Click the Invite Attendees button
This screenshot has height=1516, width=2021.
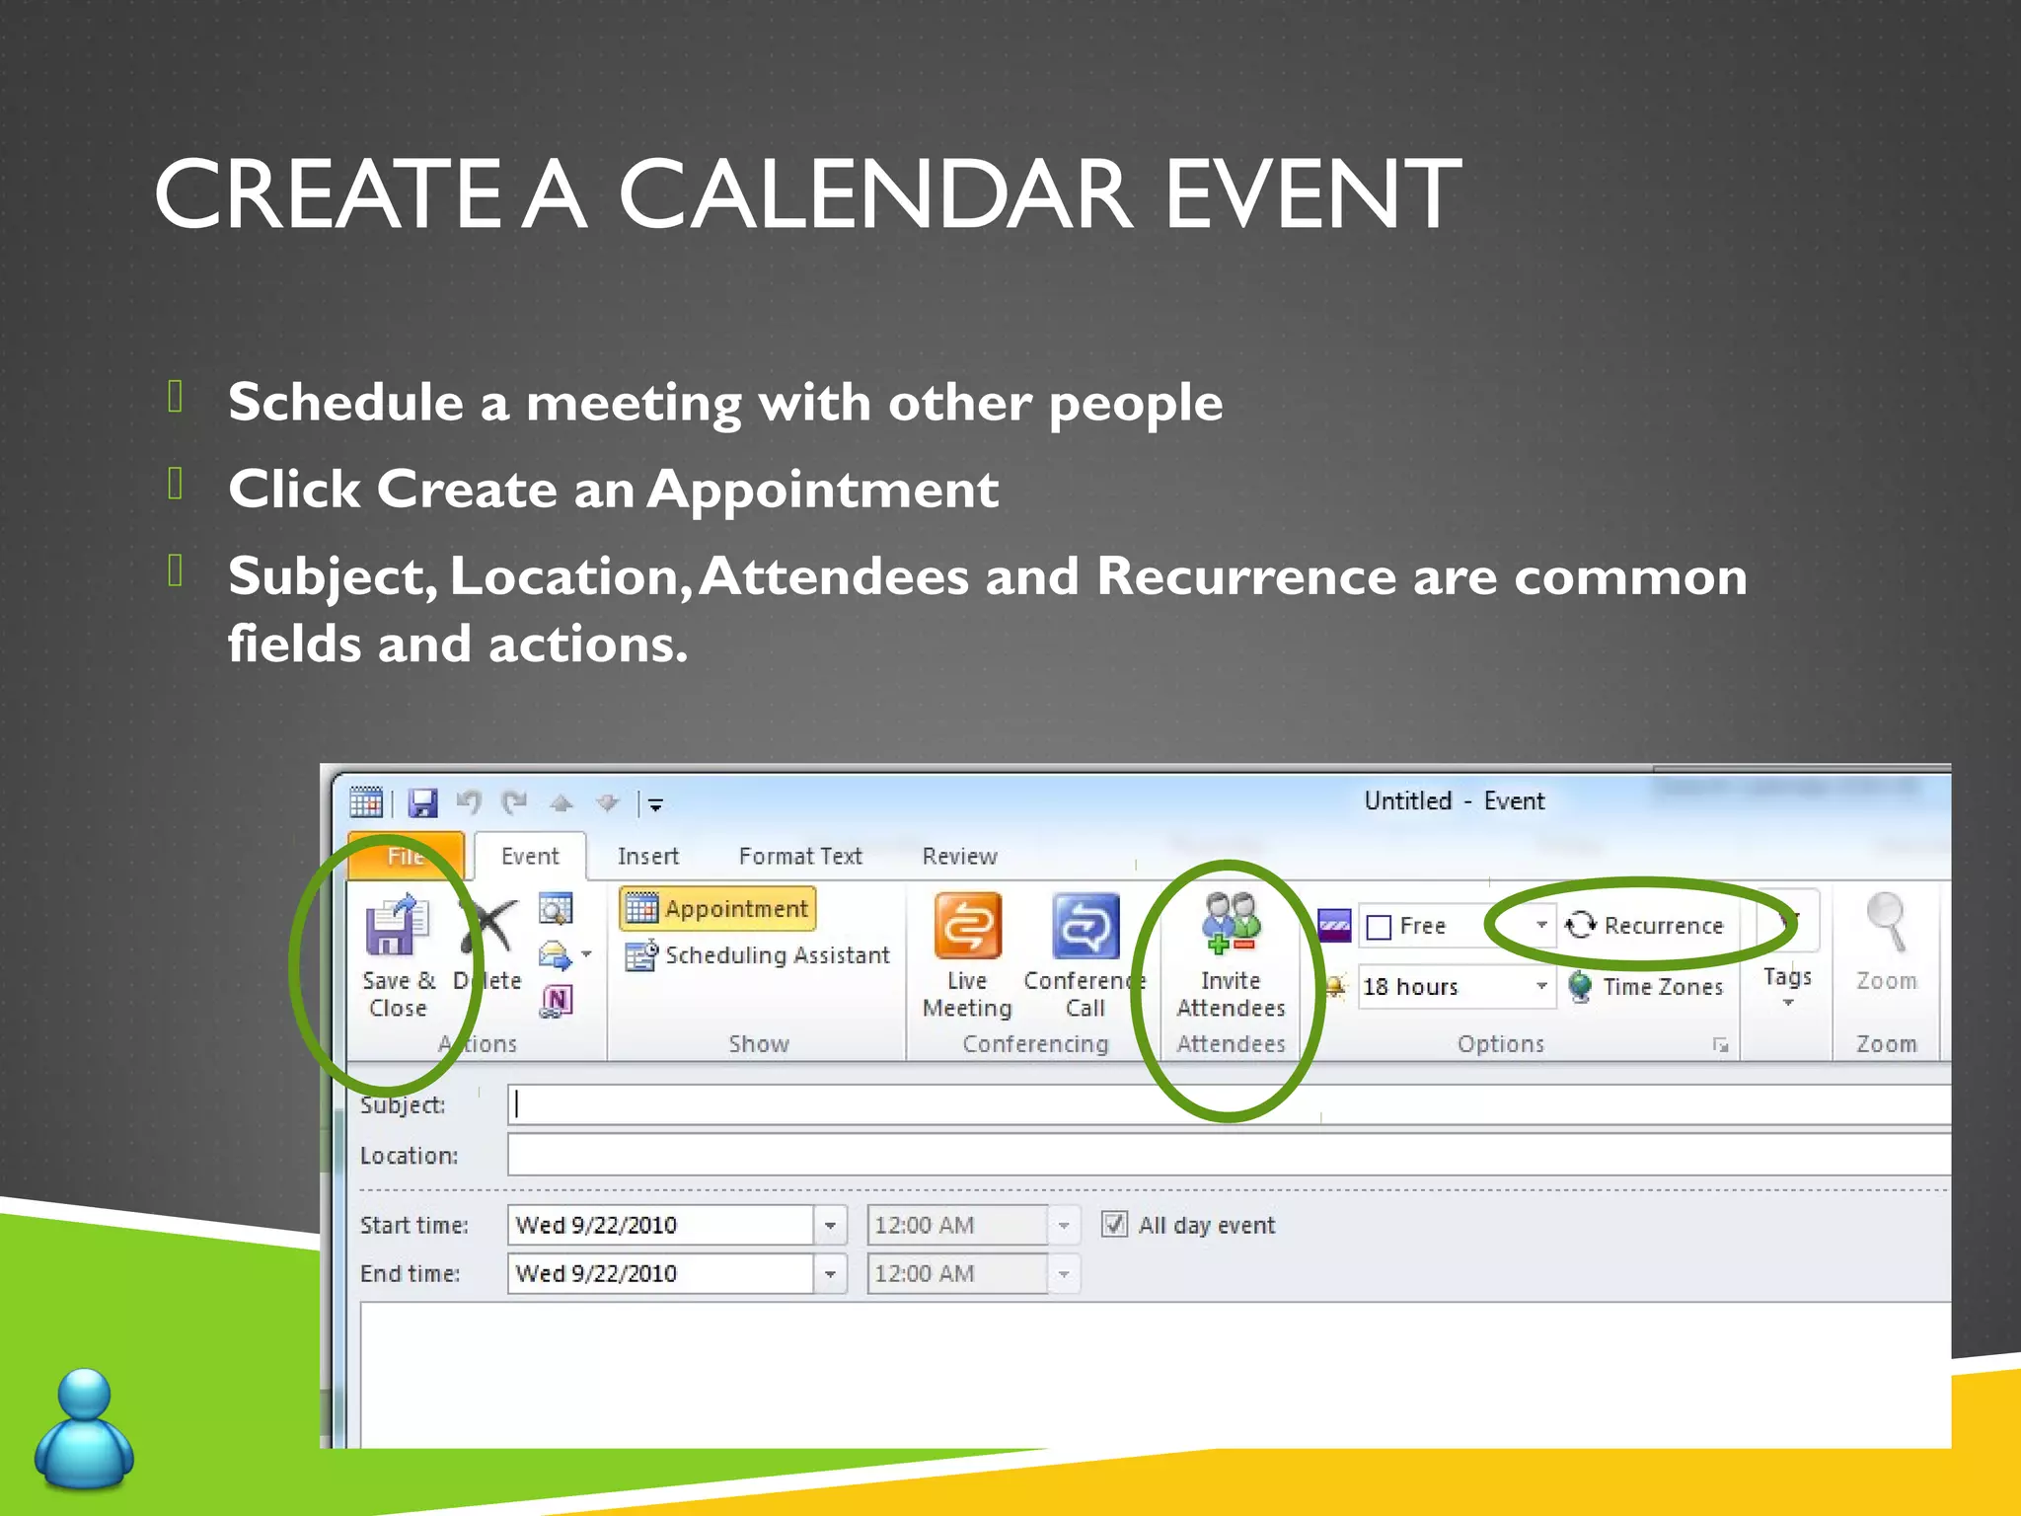pyautogui.click(x=1230, y=951)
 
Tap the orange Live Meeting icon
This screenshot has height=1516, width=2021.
pyautogui.click(x=967, y=927)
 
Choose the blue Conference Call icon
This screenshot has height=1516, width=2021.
pyautogui.click(x=1085, y=927)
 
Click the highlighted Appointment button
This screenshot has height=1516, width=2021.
pyautogui.click(x=718, y=908)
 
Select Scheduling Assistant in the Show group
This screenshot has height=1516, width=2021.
pyautogui.click(x=758, y=955)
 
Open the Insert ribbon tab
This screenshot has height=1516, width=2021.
pyautogui.click(x=647, y=856)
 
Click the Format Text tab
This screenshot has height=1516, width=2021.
pyautogui.click(x=799, y=856)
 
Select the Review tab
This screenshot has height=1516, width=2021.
pyautogui.click(x=959, y=856)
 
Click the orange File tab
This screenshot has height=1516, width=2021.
pyautogui.click(x=406, y=856)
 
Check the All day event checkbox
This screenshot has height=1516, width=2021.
pyautogui.click(x=1114, y=1225)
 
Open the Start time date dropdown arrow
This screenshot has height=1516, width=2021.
pyautogui.click(x=830, y=1226)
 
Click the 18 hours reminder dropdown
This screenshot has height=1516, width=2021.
pyautogui.click(x=1456, y=986)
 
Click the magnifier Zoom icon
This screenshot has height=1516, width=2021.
pyautogui.click(x=1886, y=923)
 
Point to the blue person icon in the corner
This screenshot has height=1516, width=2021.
pyautogui.click(x=84, y=1428)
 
